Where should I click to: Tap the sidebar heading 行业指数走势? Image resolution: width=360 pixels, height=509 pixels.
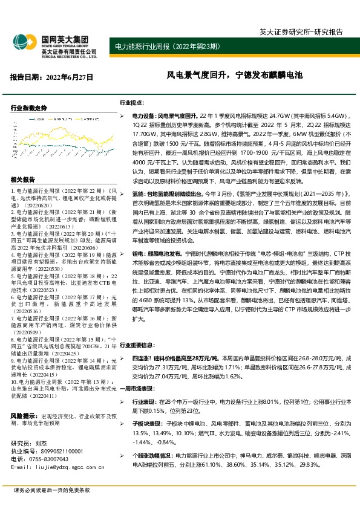tap(29, 108)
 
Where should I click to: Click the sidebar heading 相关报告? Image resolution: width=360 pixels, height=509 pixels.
tap(23, 180)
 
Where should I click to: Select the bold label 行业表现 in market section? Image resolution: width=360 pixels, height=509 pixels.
tap(144, 403)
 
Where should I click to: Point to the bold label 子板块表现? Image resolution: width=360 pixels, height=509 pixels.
tap(146, 425)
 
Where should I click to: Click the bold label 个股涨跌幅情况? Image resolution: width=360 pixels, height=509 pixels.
tap(150, 454)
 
